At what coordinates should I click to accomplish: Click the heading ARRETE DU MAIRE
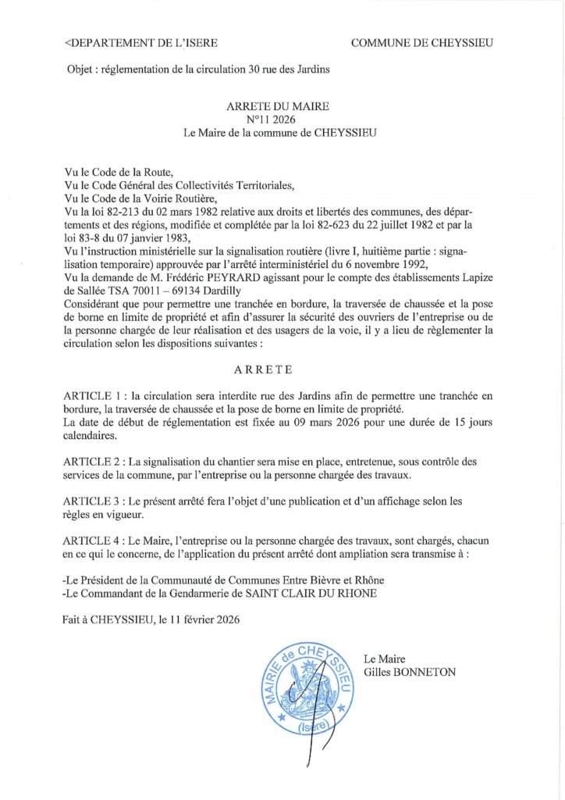(278, 105)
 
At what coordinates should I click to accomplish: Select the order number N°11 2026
(279, 119)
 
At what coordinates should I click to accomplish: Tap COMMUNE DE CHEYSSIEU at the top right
(421, 43)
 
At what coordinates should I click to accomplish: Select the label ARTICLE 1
(96, 396)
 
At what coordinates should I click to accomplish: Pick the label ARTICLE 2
(96, 462)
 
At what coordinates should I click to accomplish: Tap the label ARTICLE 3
(96, 502)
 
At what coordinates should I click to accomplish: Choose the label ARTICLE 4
(96, 541)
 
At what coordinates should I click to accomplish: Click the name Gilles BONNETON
(410, 672)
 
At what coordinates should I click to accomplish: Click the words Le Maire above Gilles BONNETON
(386, 659)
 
